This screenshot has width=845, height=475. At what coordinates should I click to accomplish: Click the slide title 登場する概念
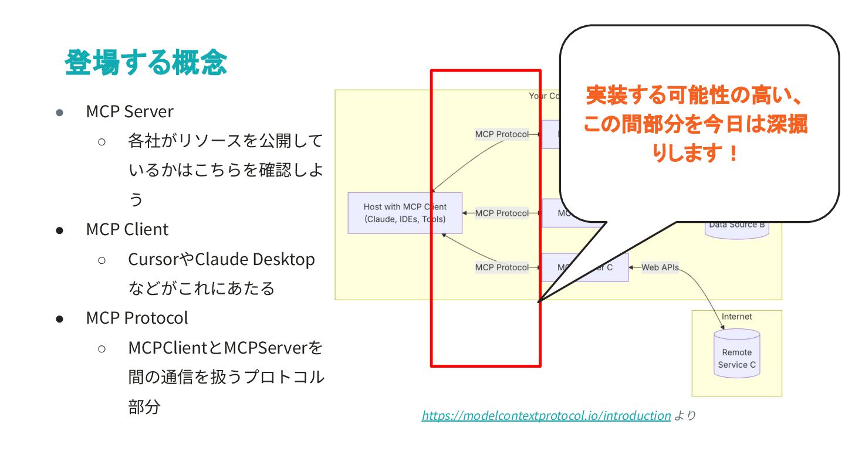[x=146, y=62]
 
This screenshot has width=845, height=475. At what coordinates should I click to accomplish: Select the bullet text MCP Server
[x=130, y=111]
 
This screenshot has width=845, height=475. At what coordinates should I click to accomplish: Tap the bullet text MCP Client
[x=127, y=229]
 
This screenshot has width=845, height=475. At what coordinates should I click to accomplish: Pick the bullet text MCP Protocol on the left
[x=137, y=318]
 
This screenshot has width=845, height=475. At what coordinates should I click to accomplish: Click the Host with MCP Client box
[x=405, y=213]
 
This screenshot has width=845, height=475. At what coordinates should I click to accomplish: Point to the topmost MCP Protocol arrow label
[x=502, y=134]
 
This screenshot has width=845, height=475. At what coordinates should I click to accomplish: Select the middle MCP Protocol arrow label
[x=502, y=213]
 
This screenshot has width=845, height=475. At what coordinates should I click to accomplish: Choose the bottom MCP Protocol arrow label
[x=502, y=267]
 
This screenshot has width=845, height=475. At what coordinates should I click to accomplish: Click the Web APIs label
[x=660, y=267]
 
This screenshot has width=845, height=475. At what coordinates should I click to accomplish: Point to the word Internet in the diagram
[x=736, y=317]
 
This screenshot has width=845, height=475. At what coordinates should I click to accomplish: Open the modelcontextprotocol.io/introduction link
[x=546, y=416]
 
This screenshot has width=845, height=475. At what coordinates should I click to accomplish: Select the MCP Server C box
[x=584, y=267]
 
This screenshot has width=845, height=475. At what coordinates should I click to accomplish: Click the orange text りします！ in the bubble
[x=695, y=154]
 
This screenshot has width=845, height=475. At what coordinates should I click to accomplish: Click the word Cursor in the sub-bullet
[x=153, y=259]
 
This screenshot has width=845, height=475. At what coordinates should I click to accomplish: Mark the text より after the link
[x=684, y=416]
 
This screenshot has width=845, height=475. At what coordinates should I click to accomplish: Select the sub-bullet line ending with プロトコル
[x=226, y=377]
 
